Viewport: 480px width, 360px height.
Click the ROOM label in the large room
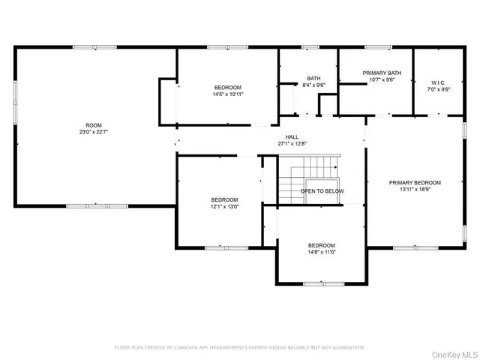point(93,125)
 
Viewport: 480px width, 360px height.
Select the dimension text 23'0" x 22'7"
point(93,133)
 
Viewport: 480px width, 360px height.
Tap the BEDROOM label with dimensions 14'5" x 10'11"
point(227,87)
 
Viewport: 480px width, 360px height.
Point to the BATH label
point(313,78)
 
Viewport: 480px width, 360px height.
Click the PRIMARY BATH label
point(382,73)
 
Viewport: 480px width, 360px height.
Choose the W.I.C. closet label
point(438,82)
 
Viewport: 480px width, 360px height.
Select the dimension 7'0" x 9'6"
point(438,89)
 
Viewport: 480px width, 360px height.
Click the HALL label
point(283,136)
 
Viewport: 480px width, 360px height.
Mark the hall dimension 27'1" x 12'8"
point(283,143)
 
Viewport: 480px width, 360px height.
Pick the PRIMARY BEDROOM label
point(415,182)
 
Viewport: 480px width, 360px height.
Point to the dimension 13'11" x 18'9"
point(415,190)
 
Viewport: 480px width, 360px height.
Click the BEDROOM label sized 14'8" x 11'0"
point(321,245)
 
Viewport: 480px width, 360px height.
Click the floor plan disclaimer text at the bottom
point(239,347)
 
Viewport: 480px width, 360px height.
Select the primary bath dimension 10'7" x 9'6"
point(382,80)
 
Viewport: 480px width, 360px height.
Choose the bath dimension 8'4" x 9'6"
point(313,85)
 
